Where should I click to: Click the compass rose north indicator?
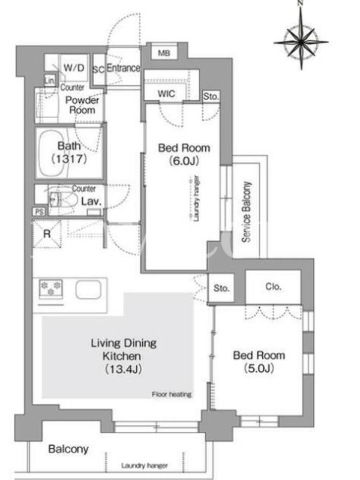click(x=301, y=40)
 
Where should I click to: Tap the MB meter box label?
click(x=164, y=53)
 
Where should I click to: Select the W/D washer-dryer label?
click(x=74, y=68)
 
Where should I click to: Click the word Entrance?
click(x=123, y=68)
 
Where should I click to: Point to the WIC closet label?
click(x=167, y=94)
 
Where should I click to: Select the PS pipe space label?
click(x=39, y=212)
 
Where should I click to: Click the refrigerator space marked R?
click(x=47, y=234)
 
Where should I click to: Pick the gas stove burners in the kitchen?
click(x=51, y=289)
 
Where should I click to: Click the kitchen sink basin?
click(x=88, y=290)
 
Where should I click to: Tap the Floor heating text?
click(x=172, y=394)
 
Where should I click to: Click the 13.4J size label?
click(x=123, y=369)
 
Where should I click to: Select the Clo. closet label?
click(x=273, y=287)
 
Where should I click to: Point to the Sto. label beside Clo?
click(x=221, y=288)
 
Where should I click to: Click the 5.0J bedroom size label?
click(x=259, y=368)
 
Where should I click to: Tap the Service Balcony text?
click(x=247, y=212)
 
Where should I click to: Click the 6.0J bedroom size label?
click(x=184, y=160)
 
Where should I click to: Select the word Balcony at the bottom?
click(x=68, y=449)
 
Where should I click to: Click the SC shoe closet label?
click(x=98, y=70)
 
